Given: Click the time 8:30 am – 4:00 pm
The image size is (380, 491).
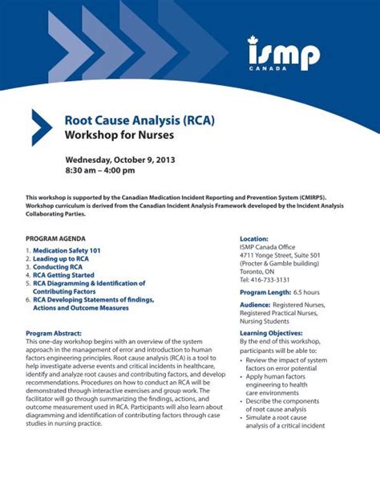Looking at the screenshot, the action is [x=100, y=170].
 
